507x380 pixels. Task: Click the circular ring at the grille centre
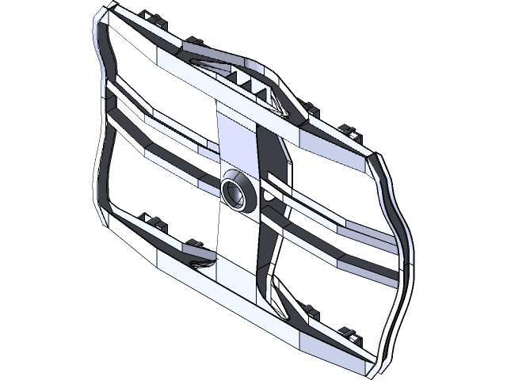point(237,191)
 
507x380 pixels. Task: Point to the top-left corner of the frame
point(102,17)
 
